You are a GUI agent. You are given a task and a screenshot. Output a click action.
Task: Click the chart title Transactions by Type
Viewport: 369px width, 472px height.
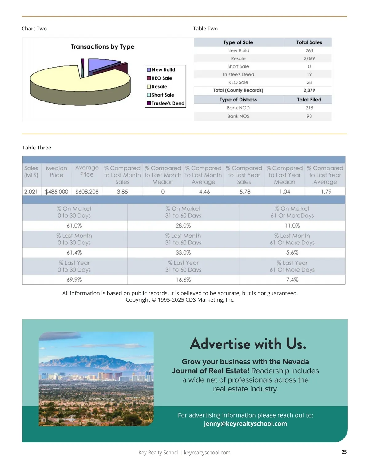pyautogui.click(x=103, y=47)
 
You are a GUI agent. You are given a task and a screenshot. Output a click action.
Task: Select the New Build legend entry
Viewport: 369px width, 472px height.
pyautogui.click(x=163, y=70)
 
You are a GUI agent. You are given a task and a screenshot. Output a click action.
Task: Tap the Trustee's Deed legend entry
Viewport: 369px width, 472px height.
pyautogui.click(x=168, y=103)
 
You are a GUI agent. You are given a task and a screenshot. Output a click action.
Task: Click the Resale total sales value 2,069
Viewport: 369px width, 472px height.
pyautogui.click(x=309, y=58)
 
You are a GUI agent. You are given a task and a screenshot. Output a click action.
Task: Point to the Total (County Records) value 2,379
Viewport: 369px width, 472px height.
pyautogui.click(x=309, y=90)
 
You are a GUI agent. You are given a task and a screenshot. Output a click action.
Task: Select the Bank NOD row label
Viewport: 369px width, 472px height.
pyautogui.click(x=238, y=108)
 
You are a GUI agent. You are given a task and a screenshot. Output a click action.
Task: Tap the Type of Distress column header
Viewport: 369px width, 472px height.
pyautogui.click(x=238, y=100)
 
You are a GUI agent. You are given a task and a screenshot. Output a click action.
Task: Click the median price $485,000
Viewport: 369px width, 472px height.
pyautogui.click(x=57, y=192)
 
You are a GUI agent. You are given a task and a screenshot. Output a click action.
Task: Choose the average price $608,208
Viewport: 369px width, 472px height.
pyautogui.click(x=87, y=192)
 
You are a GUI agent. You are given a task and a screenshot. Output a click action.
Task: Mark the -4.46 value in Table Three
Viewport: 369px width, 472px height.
pyautogui.click(x=203, y=192)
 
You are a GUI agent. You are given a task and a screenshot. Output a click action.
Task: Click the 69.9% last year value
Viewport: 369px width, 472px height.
pyautogui.click(x=74, y=280)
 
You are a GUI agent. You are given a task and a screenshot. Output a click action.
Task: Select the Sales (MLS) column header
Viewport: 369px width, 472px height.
pyautogui.click(x=31, y=172)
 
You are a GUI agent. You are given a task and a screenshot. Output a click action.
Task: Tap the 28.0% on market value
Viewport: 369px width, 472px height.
pyautogui.click(x=183, y=226)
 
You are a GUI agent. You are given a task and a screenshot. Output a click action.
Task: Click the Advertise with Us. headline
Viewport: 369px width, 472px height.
pyautogui.click(x=248, y=344)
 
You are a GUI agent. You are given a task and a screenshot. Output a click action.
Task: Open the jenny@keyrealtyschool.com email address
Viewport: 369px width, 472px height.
pyautogui.click(x=245, y=424)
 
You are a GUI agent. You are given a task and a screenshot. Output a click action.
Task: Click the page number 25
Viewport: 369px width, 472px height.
pyautogui.click(x=344, y=452)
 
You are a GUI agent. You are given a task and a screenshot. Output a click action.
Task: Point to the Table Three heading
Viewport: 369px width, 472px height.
pyautogui.click(x=37, y=148)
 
